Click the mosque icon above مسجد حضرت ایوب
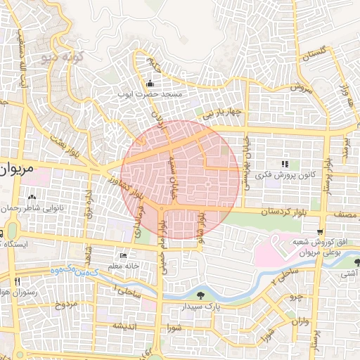point(150,84)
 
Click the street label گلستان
point(314,56)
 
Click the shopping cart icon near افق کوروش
point(321,233)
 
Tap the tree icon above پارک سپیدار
point(202,295)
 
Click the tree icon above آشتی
point(357,262)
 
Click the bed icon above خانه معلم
point(124,256)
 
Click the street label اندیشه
point(124,326)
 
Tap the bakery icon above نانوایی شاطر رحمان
point(32,197)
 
